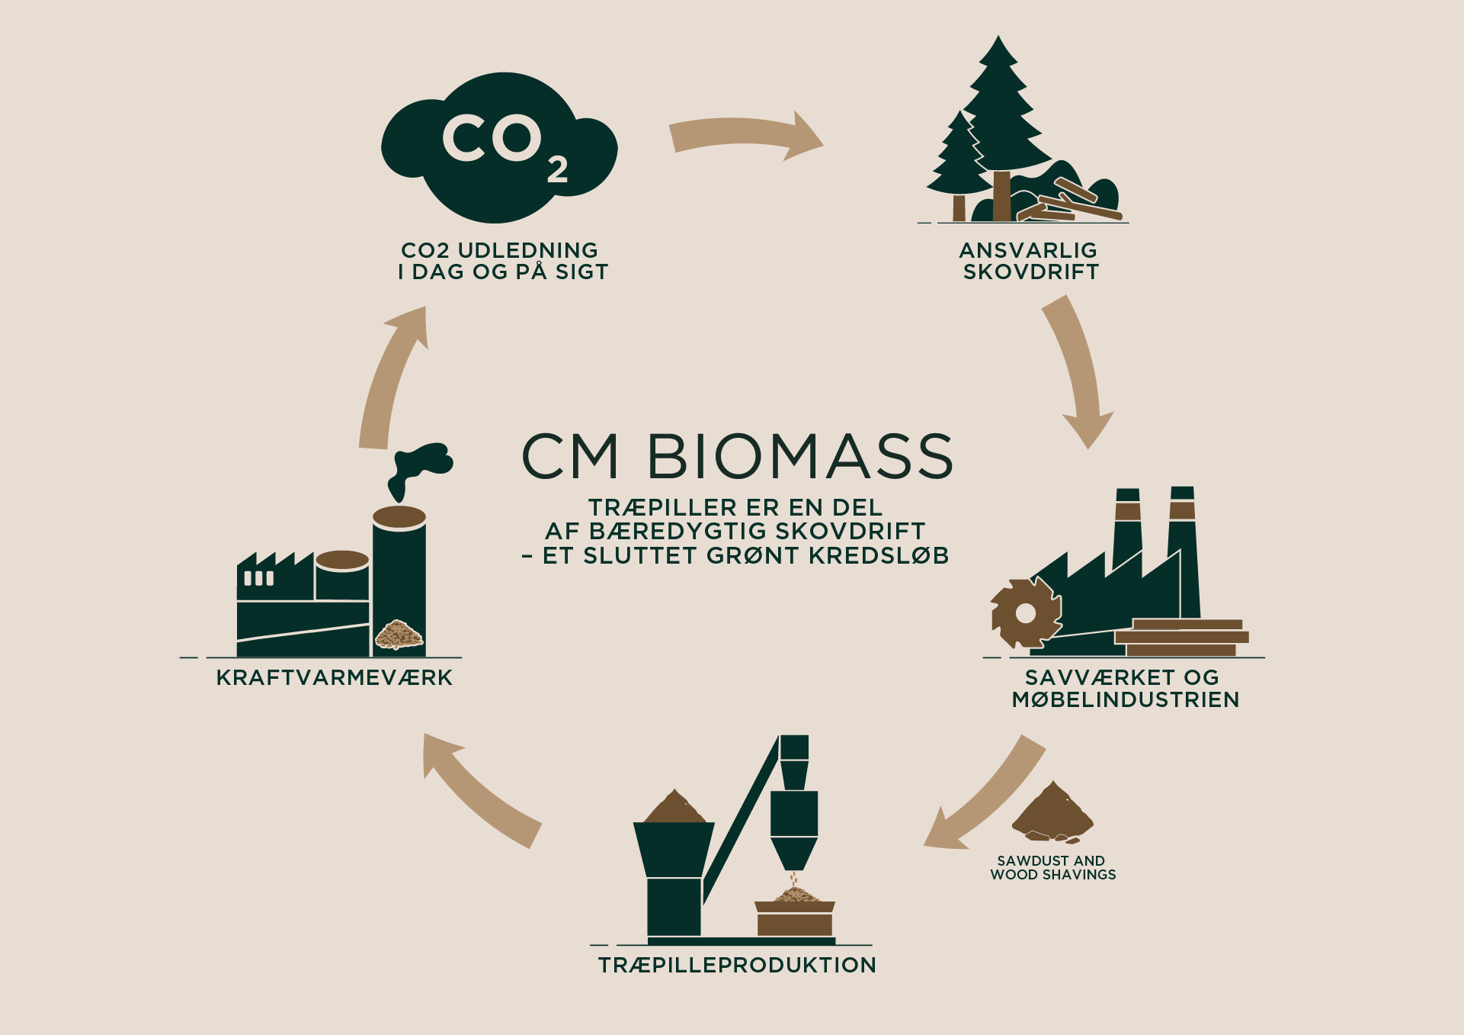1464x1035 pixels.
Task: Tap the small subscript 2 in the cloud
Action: click(x=557, y=169)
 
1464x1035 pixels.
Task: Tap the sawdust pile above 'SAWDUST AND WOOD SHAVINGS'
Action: click(x=1052, y=813)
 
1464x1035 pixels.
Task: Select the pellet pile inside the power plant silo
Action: click(x=399, y=635)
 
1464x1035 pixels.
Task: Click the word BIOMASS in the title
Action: click(x=800, y=457)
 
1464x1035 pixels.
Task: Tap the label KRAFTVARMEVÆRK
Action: click(x=335, y=677)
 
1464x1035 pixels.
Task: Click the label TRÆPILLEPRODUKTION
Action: click(x=737, y=965)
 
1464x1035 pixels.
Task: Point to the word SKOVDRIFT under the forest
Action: click(x=1030, y=272)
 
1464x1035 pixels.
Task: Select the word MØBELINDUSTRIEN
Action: click(x=1126, y=699)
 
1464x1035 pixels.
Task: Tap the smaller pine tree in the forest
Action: click(x=958, y=164)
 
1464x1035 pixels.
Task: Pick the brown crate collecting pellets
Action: click(x=795, y=919)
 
